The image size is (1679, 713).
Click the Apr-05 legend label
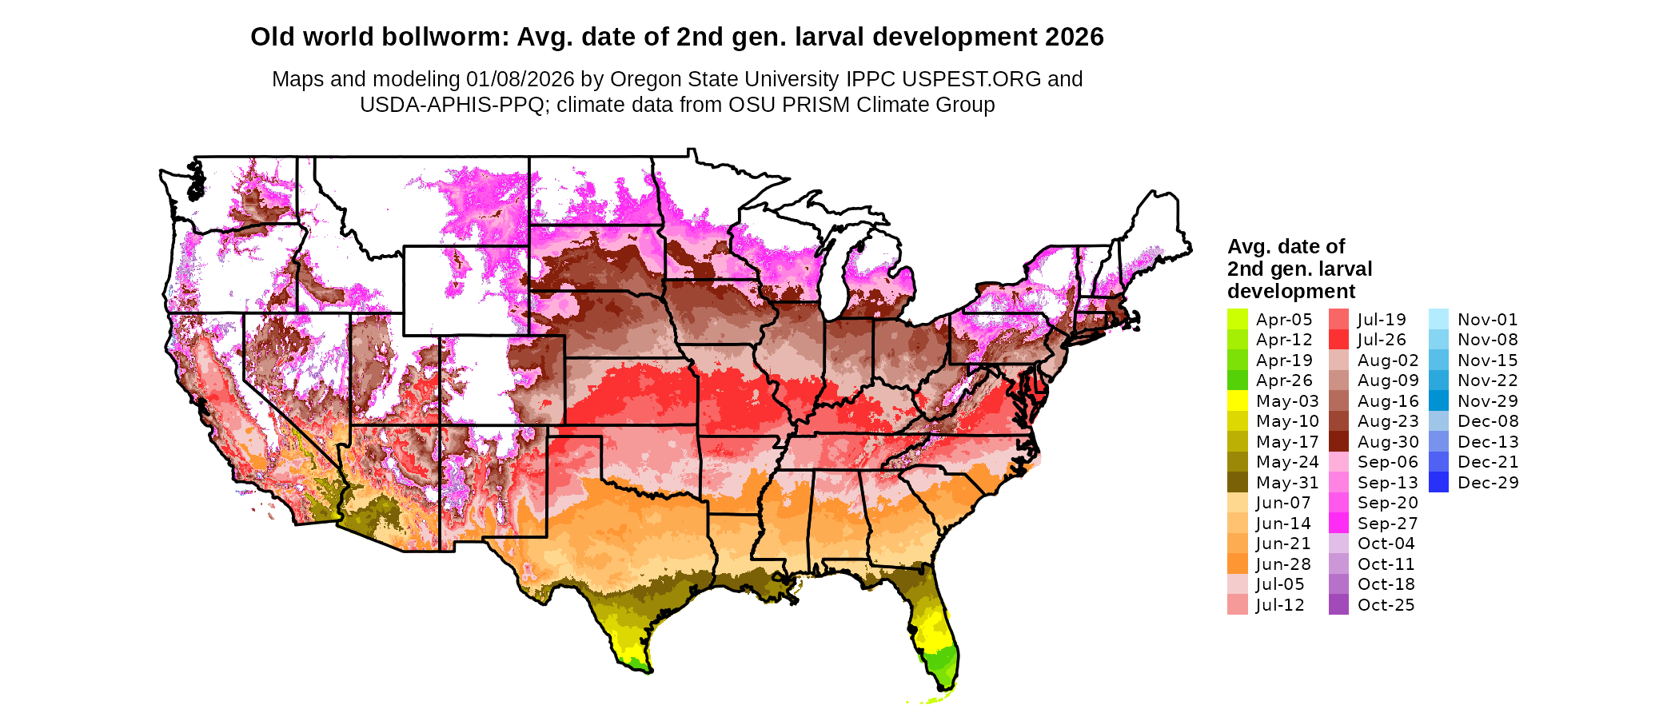[x=1284, y=320]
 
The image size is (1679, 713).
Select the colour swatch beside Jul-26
[x=1338, y=340]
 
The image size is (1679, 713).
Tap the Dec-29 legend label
[x=1488, y=483]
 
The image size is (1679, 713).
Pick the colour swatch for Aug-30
[x=1338, y=442]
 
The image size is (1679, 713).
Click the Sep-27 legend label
[x=1387, y=524]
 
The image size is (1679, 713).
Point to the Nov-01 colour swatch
[x=1438, y=320]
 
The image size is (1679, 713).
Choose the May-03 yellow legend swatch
[x=1238, y=401]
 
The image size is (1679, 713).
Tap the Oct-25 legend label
[x=1386, y=605]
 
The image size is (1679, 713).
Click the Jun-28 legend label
[x=1283, y=564]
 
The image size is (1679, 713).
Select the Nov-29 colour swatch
[x=1438, y=401]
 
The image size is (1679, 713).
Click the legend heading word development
[x=1291, y=291]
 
